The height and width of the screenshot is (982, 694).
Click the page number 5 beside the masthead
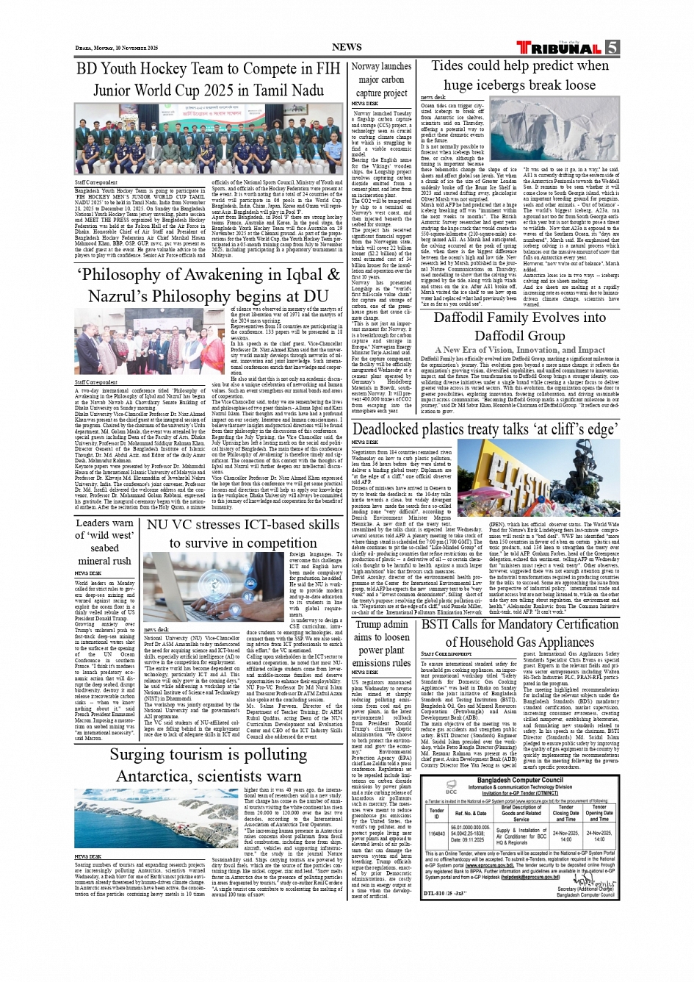612,48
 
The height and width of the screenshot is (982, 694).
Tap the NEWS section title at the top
347,47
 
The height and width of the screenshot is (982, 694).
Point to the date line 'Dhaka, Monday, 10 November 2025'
117,48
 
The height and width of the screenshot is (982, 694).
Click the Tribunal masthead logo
559,48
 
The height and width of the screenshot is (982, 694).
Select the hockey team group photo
208,139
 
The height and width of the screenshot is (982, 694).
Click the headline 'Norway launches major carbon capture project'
381,79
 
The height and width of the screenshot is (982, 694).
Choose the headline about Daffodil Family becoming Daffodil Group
519,327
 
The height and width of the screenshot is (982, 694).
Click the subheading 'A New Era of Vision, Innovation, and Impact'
519,350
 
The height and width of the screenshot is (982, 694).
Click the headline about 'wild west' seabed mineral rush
104,542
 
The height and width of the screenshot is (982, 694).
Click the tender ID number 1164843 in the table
436,834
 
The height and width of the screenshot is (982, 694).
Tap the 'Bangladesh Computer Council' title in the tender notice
519,780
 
